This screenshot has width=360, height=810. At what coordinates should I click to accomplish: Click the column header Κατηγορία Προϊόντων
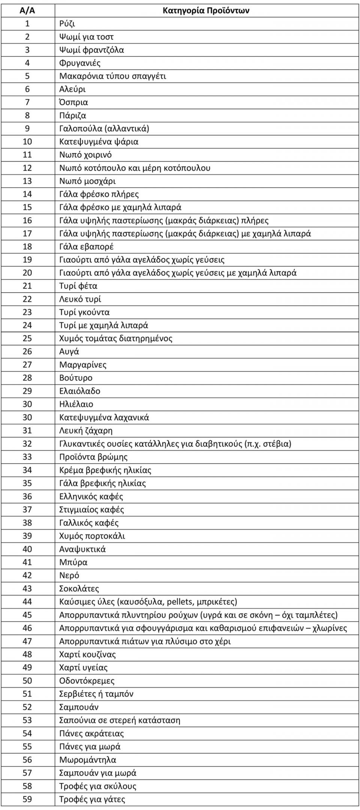click(x=206, y=10)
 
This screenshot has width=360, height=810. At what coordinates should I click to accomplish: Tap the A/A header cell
click(x=27, y=10)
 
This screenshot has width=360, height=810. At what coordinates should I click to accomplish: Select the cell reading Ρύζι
click(x=67, y=24)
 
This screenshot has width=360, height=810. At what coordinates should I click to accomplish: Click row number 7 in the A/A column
click(x=27, y=102)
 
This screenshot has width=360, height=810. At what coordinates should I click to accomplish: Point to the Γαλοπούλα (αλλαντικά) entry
click(x=104, y=128)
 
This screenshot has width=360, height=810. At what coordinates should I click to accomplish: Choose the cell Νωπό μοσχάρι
click(x=87, y=181)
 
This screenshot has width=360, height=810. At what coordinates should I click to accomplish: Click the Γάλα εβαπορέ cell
click(x=86, y=246)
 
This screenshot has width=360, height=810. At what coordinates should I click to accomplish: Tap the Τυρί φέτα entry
click(x=78, y=286)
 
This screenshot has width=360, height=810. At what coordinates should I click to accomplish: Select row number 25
click(x=27, y=338)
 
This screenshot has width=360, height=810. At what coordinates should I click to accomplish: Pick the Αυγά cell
click(x=69, y=352)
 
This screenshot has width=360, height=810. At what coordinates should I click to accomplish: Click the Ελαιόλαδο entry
click(x=79, y=391)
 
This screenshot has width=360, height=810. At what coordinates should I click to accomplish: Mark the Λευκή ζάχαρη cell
click(x=85, y=430)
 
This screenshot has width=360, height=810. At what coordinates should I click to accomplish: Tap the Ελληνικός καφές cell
click(x=91, y=496)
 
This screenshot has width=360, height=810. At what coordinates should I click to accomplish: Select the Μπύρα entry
click(x=73, y=562)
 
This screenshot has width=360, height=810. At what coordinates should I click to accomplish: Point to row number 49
click(x=27, y=667)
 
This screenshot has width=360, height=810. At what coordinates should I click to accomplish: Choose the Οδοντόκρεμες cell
click(x=87, y=681)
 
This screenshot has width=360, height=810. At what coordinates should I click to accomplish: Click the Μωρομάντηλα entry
click(x=87, y=760)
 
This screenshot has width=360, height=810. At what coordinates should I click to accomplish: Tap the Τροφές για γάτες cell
click(x=92, y=799)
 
